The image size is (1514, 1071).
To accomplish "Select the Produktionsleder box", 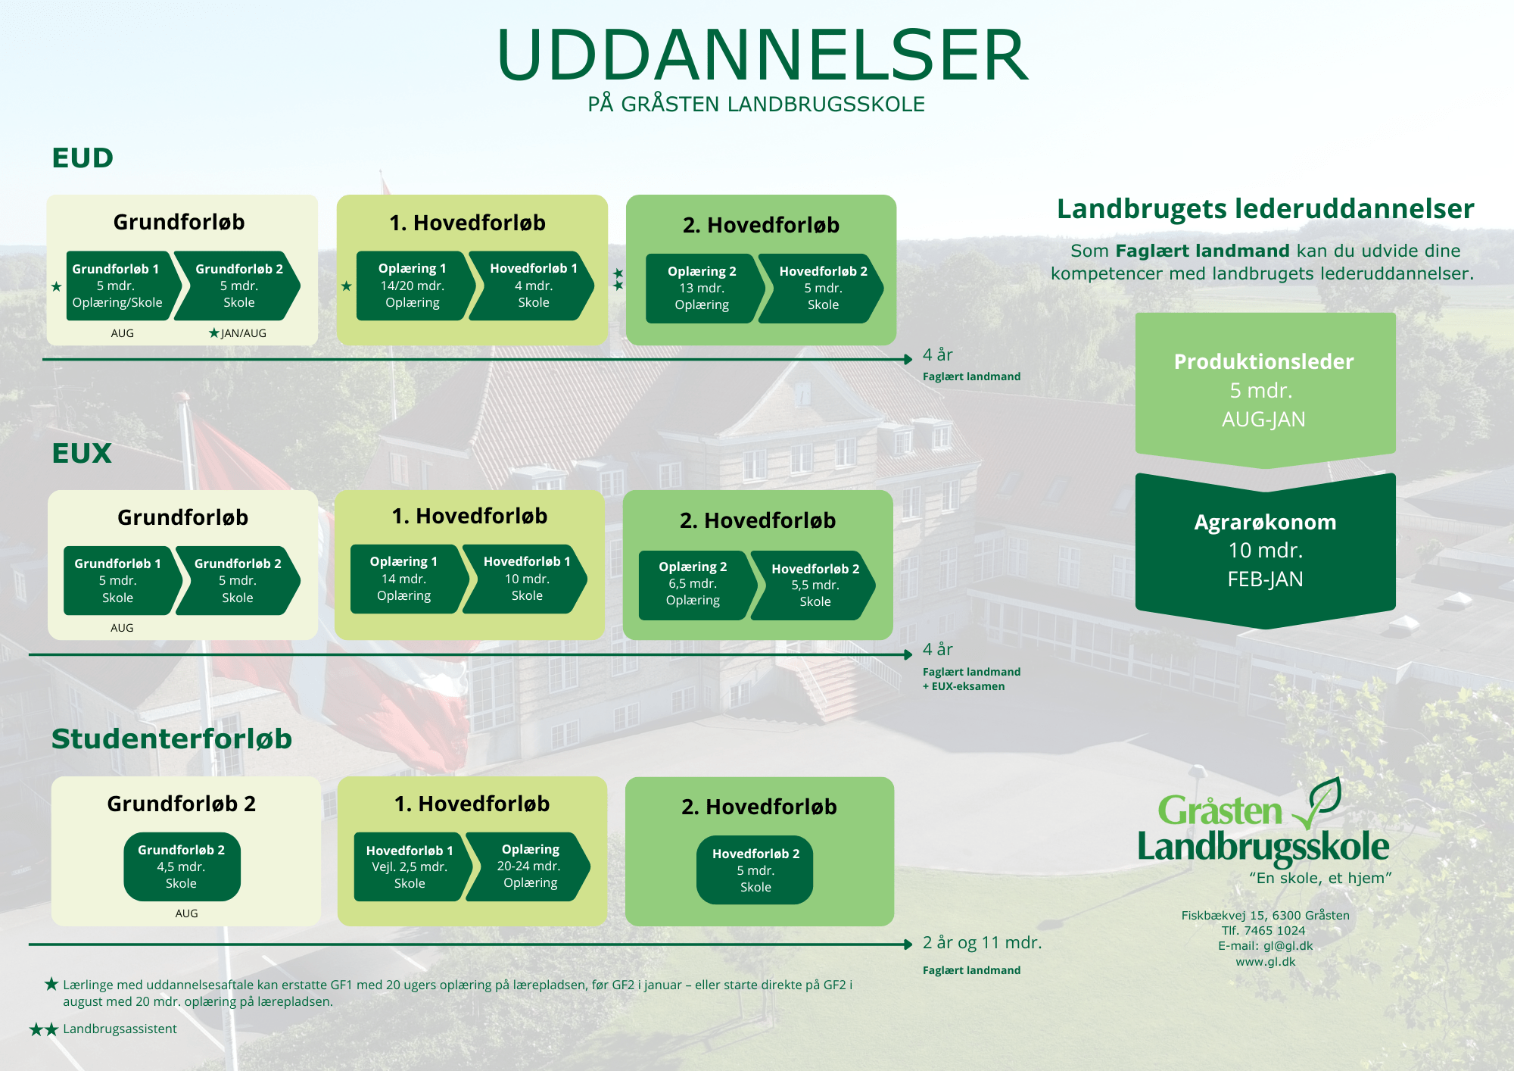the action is (x=1265, y=390).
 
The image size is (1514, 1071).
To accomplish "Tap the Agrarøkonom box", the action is (x=1265, y=551).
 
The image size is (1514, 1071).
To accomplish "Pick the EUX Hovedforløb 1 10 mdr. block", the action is (x=525, y=579).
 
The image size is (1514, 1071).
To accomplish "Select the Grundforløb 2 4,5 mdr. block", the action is (x=182, y=866).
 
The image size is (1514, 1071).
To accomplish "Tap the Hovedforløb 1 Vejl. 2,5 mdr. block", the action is (x=412, y=866).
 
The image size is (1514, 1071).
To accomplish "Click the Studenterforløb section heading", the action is (x=172, y=739).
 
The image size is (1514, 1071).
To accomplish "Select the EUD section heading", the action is (x=83, y=158).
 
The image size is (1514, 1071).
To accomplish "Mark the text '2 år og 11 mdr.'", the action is (x=982, y=943).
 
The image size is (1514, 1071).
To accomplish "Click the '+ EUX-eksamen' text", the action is (x=964, y=686).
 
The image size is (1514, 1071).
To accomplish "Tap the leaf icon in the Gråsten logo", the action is (x=1318, y=803).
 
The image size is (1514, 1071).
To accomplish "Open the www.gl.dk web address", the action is (x=1266, y=962).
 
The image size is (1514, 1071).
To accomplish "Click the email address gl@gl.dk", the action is (x=1288, y=946).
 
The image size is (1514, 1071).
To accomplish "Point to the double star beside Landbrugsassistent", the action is (x=43, y=1029).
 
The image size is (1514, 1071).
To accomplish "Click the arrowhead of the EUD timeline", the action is (x=908, y=359).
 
